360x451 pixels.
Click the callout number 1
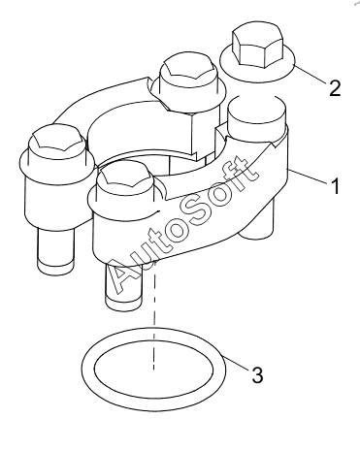tap(336, 186)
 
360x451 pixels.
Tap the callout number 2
tap(335, 87)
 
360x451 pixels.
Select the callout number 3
tap(257, 375)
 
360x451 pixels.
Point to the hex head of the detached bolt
tap(258, 47)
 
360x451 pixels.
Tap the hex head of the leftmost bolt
tap(56, 142)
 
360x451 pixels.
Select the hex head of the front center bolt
tap(125, 177)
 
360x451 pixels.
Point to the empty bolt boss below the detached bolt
tap(256, 114)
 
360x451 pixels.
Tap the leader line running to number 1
tap(309, 177)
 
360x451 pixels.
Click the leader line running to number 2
tap(310, 74)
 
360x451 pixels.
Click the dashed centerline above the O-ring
tap(154, 315)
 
